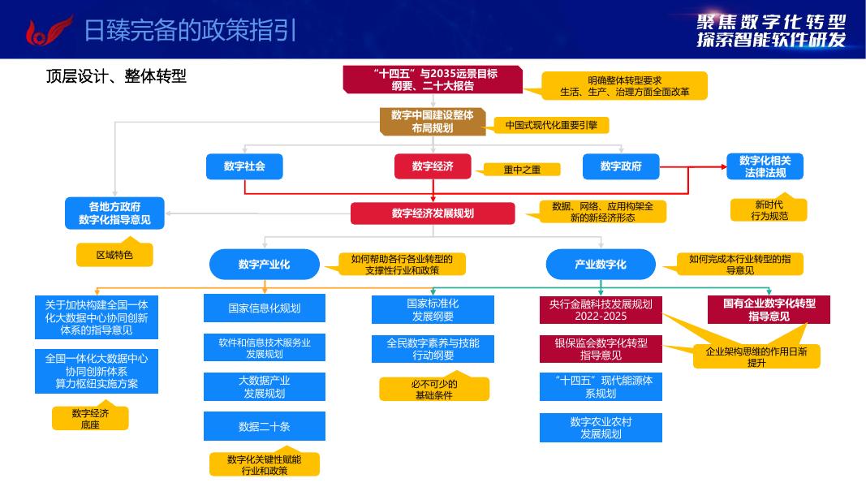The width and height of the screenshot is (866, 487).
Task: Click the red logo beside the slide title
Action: tap(46, 30)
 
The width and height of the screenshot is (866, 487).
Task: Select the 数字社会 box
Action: tap(244, 166)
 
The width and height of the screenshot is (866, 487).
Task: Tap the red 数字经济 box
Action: tap(433, 166)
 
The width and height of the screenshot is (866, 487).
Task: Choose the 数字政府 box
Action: tap(621, 166)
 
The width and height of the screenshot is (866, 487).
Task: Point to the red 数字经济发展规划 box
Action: tap(433, 213)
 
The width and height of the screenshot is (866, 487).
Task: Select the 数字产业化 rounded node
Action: tap(265, 264)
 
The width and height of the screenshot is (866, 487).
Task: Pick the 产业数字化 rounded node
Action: tap(601, 264)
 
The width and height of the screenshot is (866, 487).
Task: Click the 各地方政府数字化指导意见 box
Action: tap(114, 213)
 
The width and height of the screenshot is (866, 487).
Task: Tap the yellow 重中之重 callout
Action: tap(522, 170)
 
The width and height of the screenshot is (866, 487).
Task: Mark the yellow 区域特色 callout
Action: tap(114, 255)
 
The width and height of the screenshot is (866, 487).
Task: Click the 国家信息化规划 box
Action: tap(265, 308)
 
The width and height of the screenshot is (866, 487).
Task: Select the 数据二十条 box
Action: tap(265, 426)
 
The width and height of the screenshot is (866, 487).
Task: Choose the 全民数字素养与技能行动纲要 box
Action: tap(433, 349)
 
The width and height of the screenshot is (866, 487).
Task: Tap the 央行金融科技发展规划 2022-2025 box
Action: tap(601, 309)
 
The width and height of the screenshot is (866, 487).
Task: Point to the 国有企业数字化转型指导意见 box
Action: tap(769, 309)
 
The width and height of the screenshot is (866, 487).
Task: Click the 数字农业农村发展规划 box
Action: tap(601, 428)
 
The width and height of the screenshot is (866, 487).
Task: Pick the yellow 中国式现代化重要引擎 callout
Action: tap(551, 125)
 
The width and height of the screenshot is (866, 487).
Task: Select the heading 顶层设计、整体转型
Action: tap(116, 76)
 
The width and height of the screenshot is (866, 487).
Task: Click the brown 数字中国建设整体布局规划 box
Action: tap(433, 121)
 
